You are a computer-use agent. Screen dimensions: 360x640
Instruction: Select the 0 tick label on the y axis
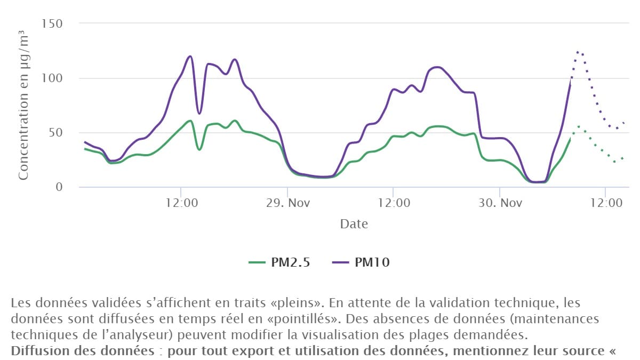pyautogui.click(x=59, y=187)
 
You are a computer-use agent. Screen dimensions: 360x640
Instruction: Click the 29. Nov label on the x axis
pyautogui.click(x=287, y=203)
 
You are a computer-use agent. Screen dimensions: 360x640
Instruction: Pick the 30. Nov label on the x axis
pyautogui.click(x=499, y=203)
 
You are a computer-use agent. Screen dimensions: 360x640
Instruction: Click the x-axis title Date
pyautogui.click(x=354, y=224)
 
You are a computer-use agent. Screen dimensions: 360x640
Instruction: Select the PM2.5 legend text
pyautogui.click(x=291, y=262)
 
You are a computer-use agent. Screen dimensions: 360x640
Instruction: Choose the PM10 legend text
pyautogui.click(x=372, y=262)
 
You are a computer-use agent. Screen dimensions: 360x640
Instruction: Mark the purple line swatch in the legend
pyautogui.click(x=339, y=262)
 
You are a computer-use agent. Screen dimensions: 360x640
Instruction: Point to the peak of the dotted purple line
pyautogui.click(x=578, y=52)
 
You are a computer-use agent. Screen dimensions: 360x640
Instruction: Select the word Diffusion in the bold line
pyautogui.click(x=35, y=352)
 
